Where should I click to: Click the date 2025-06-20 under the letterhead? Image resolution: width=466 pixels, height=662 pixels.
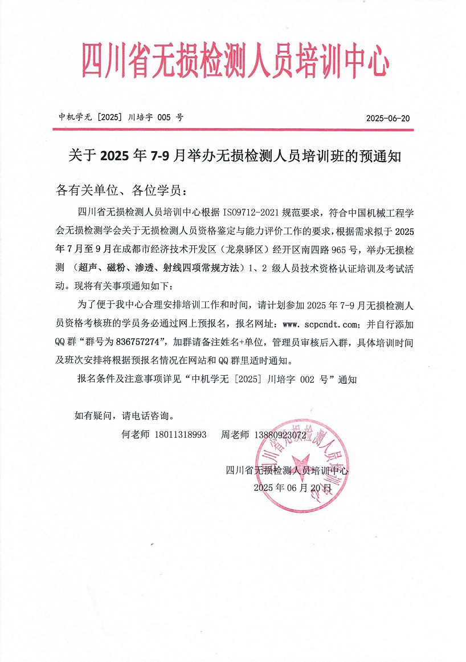click(388, 119)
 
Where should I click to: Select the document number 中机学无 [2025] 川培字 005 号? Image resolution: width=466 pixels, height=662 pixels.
click(121, 118)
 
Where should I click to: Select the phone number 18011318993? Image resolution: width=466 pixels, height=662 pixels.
click(180, 435)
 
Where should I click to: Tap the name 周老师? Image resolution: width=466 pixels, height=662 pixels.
click(235, 435)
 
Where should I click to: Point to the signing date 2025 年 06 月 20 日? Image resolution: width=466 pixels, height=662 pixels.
click(292, 488)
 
